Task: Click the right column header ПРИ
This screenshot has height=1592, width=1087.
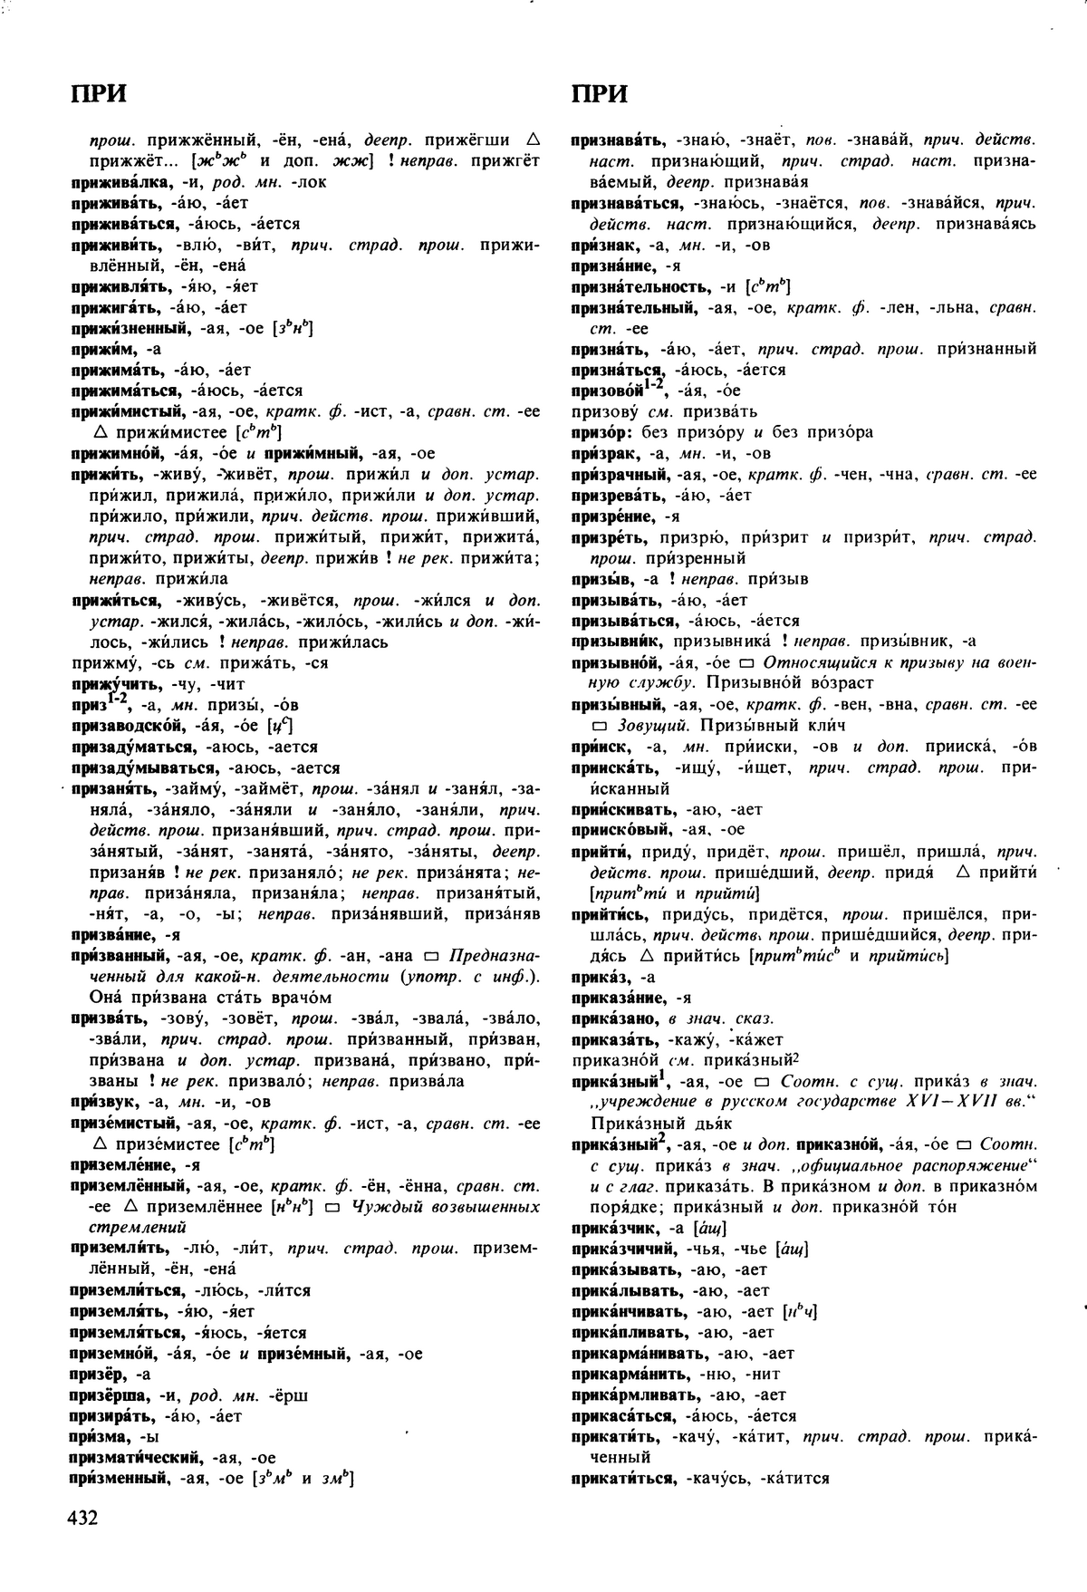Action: (x=600, y=94)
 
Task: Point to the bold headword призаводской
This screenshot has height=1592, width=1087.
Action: (x=123, y=726)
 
